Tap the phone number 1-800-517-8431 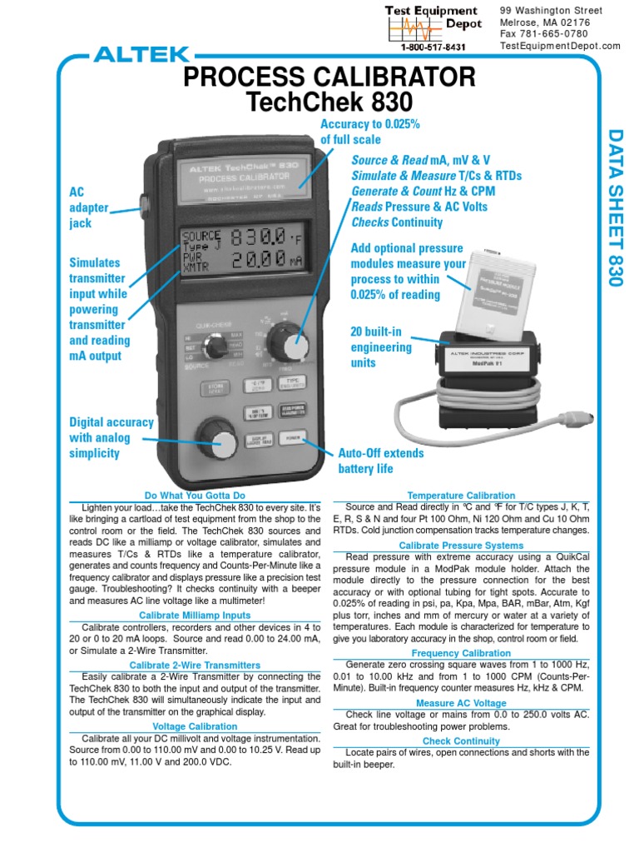click(433, 47)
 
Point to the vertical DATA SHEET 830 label click(615, 207)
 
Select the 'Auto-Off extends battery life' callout click(380, 461)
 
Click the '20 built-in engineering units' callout click(381, 347)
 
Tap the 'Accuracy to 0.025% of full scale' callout click(370, 132)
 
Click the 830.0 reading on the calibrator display click(259, 237)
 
